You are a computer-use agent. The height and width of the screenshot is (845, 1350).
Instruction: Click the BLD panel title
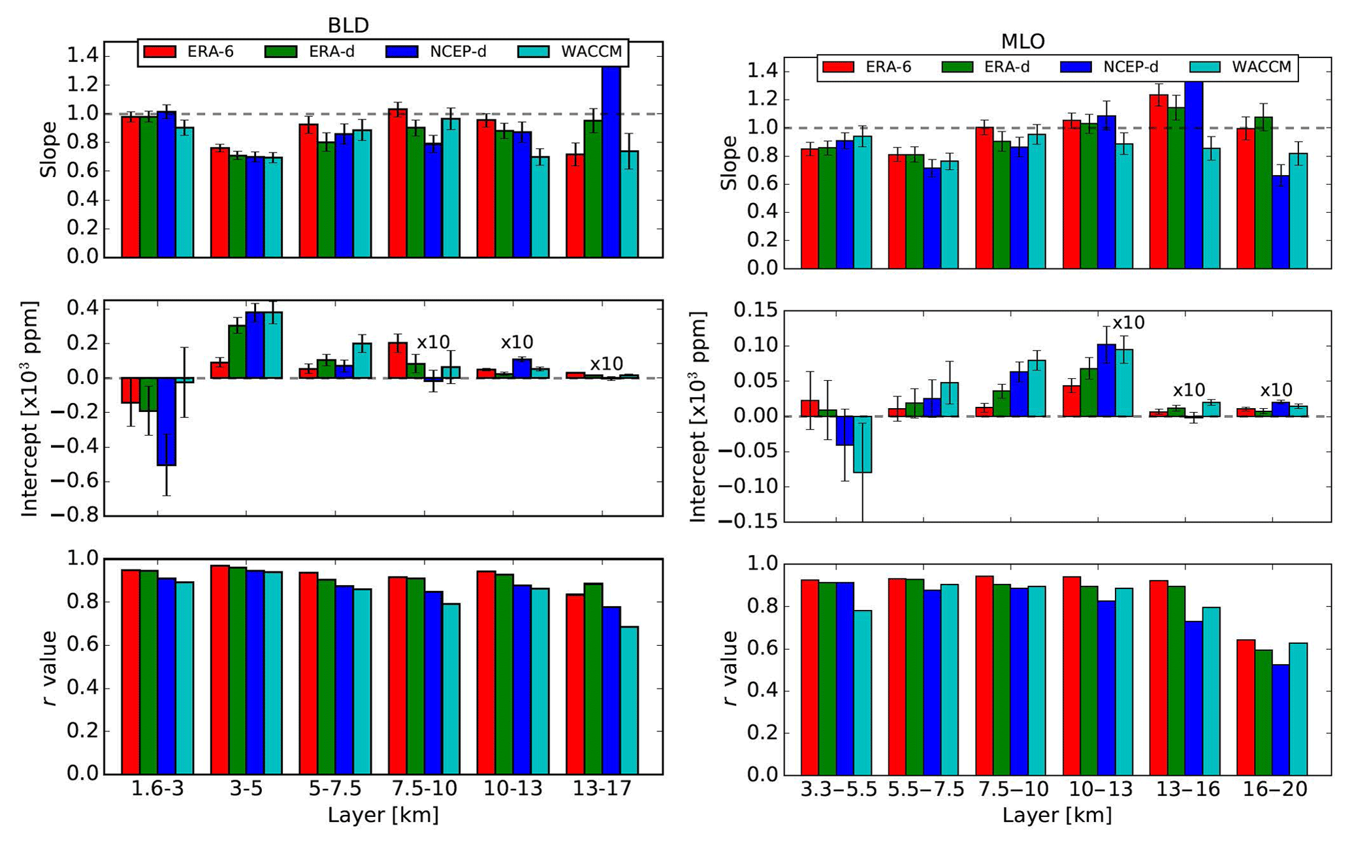pyautogui.click(x=348, y=25)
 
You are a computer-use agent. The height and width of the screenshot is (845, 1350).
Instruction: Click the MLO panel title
pyautogui.click(x=1023, y=41)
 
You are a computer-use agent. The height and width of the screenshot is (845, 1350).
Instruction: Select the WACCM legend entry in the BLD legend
pyautogui.click(x=591, y=52)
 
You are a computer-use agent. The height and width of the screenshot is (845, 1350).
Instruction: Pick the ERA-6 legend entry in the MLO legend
pyautogui.click(x=888, y=67)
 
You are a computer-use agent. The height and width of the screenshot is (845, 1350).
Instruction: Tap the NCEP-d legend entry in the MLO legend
pyautogui.click(x=1131, y=67)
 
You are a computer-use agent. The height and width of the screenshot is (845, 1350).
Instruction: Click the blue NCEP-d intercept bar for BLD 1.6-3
pyautogui.click(x=167, y=421)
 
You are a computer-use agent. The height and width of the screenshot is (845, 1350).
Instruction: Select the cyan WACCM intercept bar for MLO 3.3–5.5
pyautogui.click(x=862, y=444)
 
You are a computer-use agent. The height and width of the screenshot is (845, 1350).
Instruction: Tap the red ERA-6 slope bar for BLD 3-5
pyautogui.click(x=219, y=202)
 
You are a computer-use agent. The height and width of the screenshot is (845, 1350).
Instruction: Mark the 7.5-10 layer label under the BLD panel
pyautogui.click(x=424, y=789)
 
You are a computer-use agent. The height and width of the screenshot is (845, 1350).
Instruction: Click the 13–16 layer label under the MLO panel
pyautogui.click(x=1188, y=789)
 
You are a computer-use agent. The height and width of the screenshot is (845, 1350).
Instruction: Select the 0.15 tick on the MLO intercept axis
pyautogui.click(x=756, y=310)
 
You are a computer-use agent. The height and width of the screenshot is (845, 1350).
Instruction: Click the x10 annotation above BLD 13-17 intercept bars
pyautogui.click(x=606, y=364)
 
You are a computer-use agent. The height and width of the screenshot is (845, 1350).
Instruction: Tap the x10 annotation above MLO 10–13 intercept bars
pyautogui.click(x=1128, y=323)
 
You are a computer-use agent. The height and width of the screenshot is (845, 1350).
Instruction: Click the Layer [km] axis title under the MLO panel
pyautogui.click(x=1057, y=815)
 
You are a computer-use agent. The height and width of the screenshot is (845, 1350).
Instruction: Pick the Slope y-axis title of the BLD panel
pyautogui.click(x=49, y=150)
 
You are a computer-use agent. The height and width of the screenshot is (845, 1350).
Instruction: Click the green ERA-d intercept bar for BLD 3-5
pyautogui.click(x=237, y=351)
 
